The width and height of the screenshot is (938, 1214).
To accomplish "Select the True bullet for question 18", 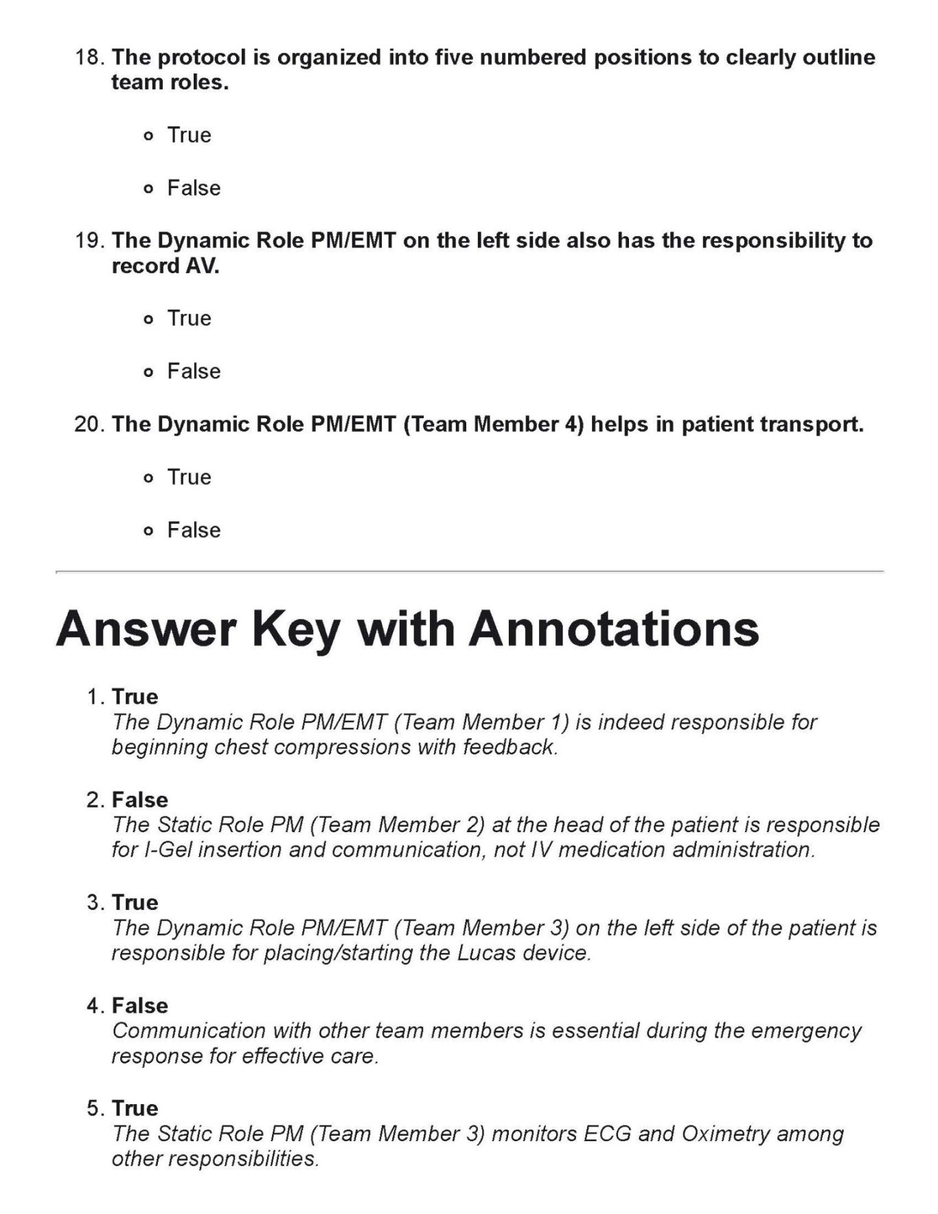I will click(x=148, y=136).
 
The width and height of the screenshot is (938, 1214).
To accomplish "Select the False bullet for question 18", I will click(x=148, y=189).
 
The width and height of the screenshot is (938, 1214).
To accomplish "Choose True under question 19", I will click(x=148, y=319).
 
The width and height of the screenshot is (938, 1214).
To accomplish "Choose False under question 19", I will click(x=148, y=372).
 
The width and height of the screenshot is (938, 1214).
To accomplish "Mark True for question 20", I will click(x=148, y=478).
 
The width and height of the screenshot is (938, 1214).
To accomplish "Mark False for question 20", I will click(x=148, y=531).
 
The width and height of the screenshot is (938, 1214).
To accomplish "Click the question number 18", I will click(x=88, y=57).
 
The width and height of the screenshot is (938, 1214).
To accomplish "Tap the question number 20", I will click(x=88, y=424).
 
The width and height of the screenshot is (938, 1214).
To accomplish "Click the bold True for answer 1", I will click(x=135, y=696).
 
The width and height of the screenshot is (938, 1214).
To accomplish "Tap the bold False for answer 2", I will click(x=139, y=799).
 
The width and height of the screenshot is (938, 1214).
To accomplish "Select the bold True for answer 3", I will click(x=135, y=902).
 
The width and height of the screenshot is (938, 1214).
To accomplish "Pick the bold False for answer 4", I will click(x=139, y=1005).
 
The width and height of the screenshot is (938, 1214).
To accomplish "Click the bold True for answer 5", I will click(x=135, y=1108).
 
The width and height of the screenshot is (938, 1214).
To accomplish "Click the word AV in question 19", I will click(x=201, y=266).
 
